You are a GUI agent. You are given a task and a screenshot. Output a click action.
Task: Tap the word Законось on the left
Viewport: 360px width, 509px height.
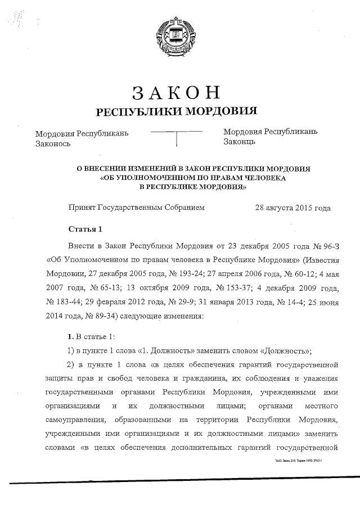(x=52, y=143)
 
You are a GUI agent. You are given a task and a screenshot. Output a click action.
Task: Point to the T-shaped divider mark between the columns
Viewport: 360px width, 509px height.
(x=177, y=137)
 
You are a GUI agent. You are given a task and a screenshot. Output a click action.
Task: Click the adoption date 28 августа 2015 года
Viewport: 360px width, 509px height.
(x=292, y=208)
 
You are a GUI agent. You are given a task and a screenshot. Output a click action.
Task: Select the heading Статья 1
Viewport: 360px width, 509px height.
(x=85, y=229)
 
